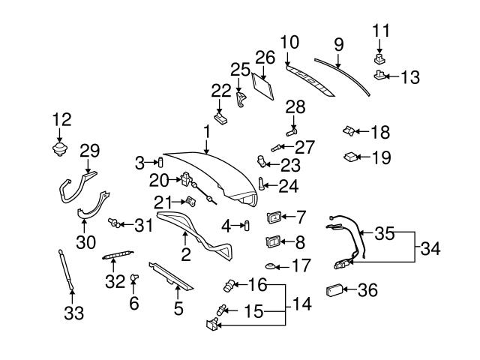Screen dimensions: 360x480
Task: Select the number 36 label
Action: tap(368, 289)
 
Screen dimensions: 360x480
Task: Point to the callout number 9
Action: tap(339, 46)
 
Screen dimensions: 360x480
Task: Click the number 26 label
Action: tap(265, 56)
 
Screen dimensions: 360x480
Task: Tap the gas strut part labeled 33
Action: tap(66, 268)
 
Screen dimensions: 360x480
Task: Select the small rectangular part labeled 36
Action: tap(334, 290)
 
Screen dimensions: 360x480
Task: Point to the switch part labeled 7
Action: tap(273, 218)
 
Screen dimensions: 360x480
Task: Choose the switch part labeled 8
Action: tap(273, 241)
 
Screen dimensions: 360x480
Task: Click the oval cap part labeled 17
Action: tap(272, 266)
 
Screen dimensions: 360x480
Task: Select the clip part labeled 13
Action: tap(380, 76)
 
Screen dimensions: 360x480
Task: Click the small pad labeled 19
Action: tap(349, 157)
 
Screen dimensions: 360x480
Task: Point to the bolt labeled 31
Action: tap(115, 223)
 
